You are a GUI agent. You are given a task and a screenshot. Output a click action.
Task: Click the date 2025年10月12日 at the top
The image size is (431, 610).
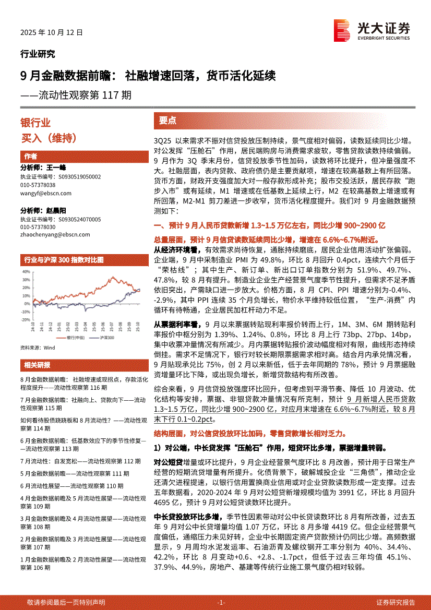52,32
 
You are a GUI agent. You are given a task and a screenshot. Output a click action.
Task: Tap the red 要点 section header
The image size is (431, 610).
167,121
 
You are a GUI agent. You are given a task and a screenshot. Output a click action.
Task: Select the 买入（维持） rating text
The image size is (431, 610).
49,138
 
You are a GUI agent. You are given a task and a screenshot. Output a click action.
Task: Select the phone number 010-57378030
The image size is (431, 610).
38,227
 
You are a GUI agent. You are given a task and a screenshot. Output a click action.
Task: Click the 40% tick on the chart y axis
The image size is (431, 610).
26,272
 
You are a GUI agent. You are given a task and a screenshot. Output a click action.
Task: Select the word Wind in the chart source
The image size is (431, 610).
50,347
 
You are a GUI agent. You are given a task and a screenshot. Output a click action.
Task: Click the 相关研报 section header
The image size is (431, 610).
37,364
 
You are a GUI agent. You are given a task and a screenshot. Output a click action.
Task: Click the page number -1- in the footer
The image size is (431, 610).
221,602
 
